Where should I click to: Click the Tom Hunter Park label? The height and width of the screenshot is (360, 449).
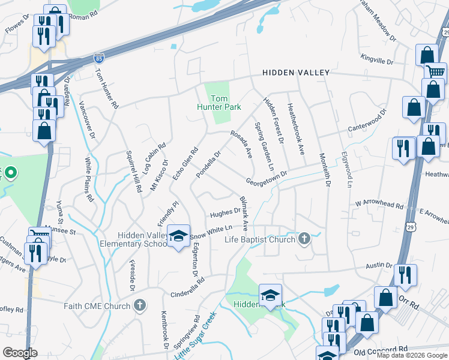coord(218,103)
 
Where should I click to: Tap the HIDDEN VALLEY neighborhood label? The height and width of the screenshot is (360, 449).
coord(296,73)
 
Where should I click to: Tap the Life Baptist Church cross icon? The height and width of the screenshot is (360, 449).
coord(304,239)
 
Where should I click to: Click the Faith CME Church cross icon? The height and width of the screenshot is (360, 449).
coord(139,306)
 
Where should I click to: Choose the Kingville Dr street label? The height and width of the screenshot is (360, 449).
coord(376,60)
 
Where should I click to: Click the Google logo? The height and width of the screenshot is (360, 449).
coord(20,353)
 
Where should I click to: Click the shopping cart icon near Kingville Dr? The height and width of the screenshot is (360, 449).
coord(435,72)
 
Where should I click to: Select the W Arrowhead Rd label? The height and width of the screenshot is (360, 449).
coord(379,205)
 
